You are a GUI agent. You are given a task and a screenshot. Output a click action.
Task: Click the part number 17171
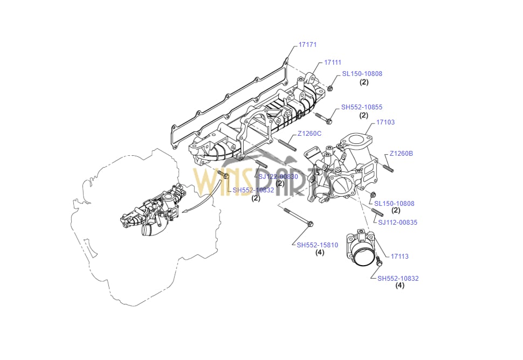(307, 45)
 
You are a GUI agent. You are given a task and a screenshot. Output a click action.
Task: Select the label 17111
(332, 63)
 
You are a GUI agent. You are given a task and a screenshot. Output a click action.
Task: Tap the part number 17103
(385, 122)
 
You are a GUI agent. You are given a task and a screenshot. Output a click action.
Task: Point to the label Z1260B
(402, 154)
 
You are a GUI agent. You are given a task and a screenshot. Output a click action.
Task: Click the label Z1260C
(309, 134)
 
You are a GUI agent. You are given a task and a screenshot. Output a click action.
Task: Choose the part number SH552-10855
(362, 107)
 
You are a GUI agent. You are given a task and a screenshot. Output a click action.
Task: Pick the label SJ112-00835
(397, 222)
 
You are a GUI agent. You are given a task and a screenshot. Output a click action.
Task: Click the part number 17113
(400, 257)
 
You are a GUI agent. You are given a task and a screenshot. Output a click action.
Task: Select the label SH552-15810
(318, 245)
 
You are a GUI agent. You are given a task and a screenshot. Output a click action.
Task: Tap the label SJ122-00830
(278, 177)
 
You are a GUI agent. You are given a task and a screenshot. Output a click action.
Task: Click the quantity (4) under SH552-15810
(320, 253)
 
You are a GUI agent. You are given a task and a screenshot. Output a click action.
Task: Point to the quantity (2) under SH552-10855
(363, 115)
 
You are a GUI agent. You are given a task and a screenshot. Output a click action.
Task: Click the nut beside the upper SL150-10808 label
(331, 88)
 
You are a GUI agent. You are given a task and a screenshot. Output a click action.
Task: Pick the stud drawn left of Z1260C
(287, 144)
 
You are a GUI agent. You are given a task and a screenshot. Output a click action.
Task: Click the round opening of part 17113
(363, 254)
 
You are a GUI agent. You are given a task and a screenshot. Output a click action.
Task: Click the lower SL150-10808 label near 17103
(394, 204)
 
